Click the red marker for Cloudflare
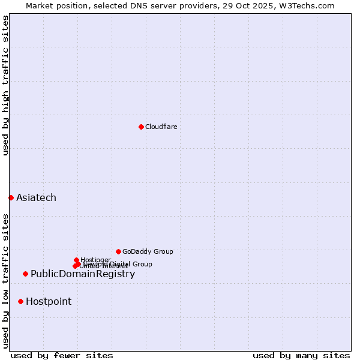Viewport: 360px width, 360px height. [141, 127]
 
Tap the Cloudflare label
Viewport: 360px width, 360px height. [161, 127]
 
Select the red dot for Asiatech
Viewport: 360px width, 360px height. [11, 197]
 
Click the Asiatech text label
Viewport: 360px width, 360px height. [36, 198]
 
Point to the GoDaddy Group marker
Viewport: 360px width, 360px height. [118, 251]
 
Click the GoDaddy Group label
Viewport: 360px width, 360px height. [148, 251]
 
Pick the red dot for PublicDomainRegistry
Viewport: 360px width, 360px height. [25, 274]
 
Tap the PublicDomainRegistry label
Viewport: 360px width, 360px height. [83, 274]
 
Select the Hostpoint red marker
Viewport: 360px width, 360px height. [20, 301]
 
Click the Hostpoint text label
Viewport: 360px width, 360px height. [49, 302]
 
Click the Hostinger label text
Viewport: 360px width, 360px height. [95, 260]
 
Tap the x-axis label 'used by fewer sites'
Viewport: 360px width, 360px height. [62, 355]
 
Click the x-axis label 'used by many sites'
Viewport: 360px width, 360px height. [301, 355]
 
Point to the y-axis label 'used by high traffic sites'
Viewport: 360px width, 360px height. [5, 85]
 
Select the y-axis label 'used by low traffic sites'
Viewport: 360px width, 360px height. [5, 281]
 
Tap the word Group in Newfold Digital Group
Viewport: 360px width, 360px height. [142, 264]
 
